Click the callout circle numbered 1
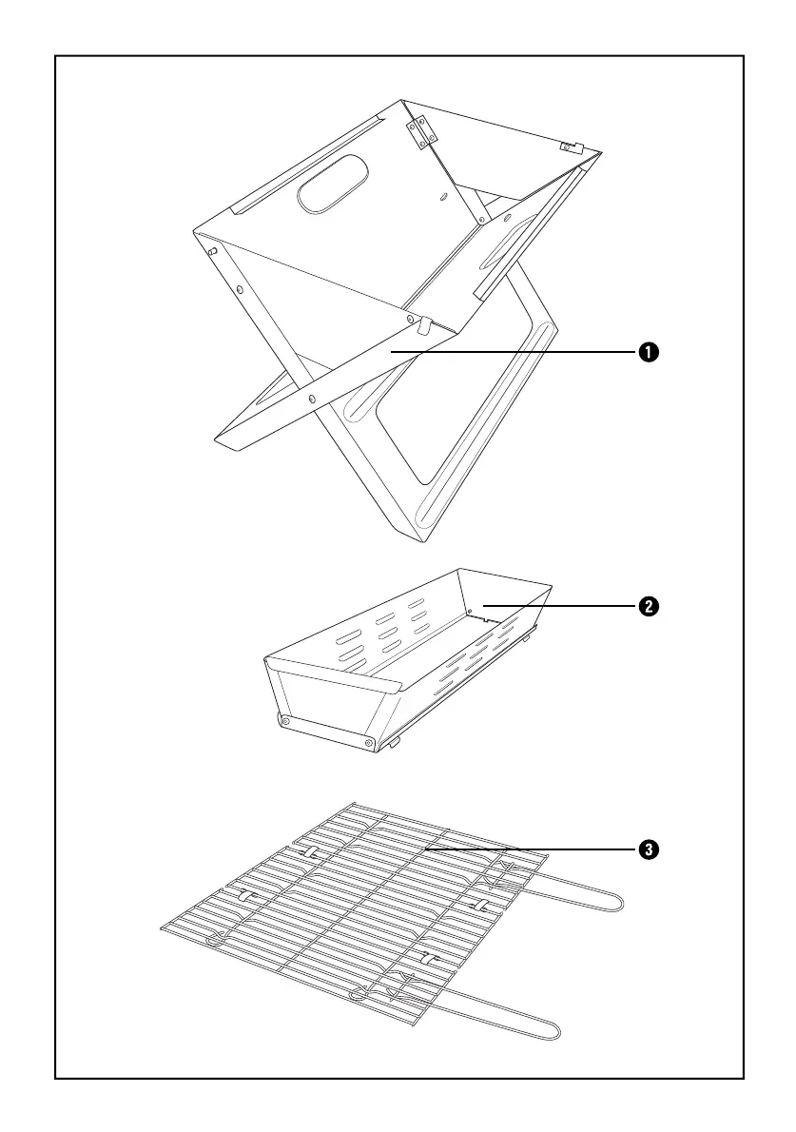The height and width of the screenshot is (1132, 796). coord(647,353)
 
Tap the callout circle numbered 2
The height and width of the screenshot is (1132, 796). coord(647,606)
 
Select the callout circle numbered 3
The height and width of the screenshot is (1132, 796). coord(647,849)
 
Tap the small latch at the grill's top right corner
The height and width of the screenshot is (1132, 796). coord(570,146)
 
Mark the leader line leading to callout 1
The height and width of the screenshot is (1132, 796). coord(514,353)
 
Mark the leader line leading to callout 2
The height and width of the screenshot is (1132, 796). coord(561,606)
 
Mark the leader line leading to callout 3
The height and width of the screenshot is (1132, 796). coord(533,849)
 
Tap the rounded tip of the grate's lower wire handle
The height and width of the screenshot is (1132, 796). coord(557,1029)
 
